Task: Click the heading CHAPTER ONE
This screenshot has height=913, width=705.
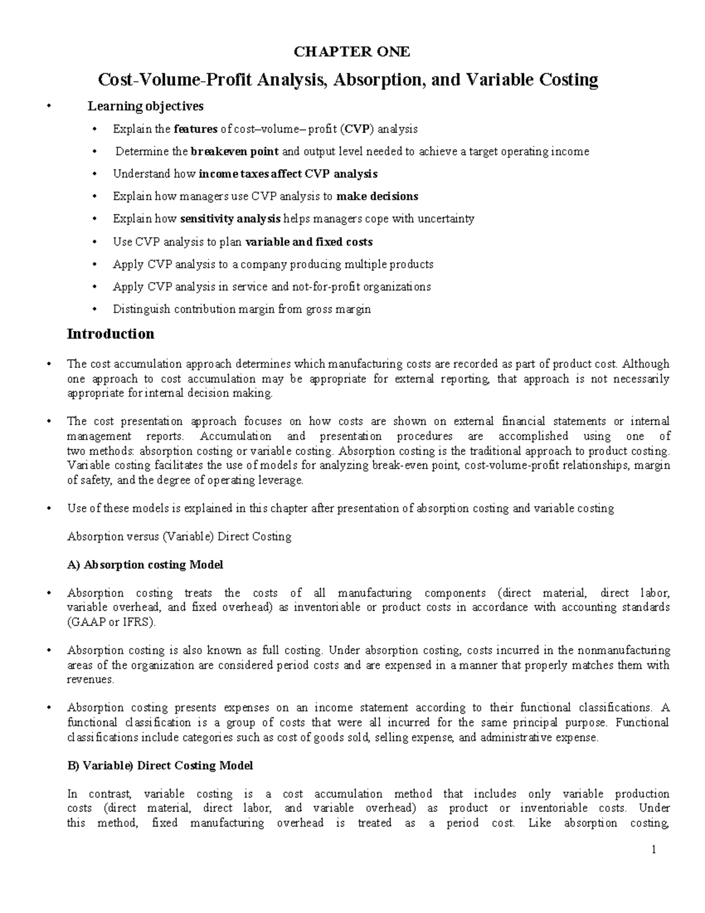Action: point(352,52)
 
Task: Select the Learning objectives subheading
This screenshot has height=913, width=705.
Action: point(146,106)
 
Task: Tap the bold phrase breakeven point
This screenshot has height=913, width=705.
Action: point(235,152)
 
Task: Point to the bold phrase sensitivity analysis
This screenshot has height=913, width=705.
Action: point(230,219)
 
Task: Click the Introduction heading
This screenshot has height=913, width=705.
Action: point(110,334)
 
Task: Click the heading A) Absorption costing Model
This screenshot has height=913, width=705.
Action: point(145,565)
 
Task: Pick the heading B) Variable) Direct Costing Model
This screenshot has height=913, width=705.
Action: point(160,765)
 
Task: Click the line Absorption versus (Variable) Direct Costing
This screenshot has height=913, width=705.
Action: point(179,537)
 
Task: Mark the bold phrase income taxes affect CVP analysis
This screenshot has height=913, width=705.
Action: point(288,174)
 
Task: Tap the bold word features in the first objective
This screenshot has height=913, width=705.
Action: point(195,129)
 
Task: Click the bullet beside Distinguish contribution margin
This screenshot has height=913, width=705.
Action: point(96,309)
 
